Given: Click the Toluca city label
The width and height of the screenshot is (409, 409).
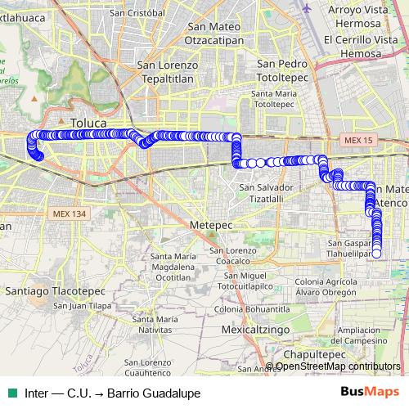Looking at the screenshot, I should (88, 124).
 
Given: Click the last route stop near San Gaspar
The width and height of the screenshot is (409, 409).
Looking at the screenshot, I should (376, 254).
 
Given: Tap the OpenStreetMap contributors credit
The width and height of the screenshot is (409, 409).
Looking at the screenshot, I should (338, 366).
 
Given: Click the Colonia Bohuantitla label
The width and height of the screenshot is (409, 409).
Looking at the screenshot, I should (253, 310).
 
